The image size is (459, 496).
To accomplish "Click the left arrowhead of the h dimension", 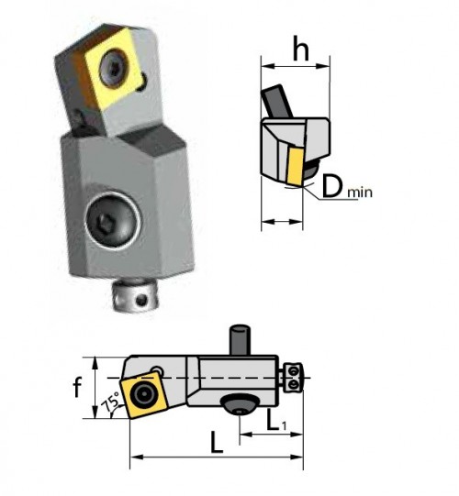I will coord(264,65).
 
